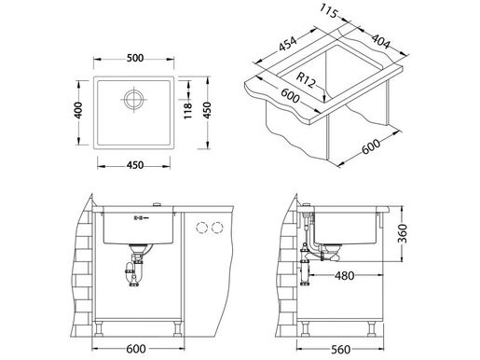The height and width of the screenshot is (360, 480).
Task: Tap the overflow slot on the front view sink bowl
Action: [x=139, y=217]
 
